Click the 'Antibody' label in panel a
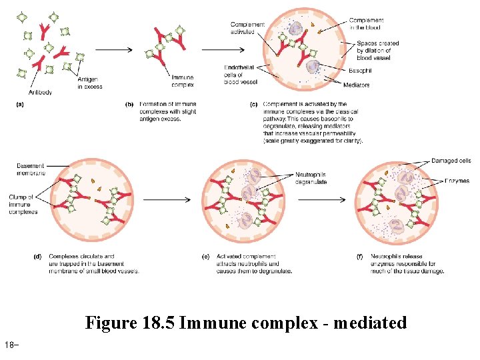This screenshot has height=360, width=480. point(41,92)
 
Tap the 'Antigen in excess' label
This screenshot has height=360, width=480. point(90,84)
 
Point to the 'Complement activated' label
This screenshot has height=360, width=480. point(247,28)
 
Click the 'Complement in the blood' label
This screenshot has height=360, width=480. point(366,24)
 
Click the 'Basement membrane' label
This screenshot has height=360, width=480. point(31,169)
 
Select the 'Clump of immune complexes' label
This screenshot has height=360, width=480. point(24,204)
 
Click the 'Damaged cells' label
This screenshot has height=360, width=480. point(451,161)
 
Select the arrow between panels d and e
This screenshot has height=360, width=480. point(167,199)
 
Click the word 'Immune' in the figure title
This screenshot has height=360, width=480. point(207,323)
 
